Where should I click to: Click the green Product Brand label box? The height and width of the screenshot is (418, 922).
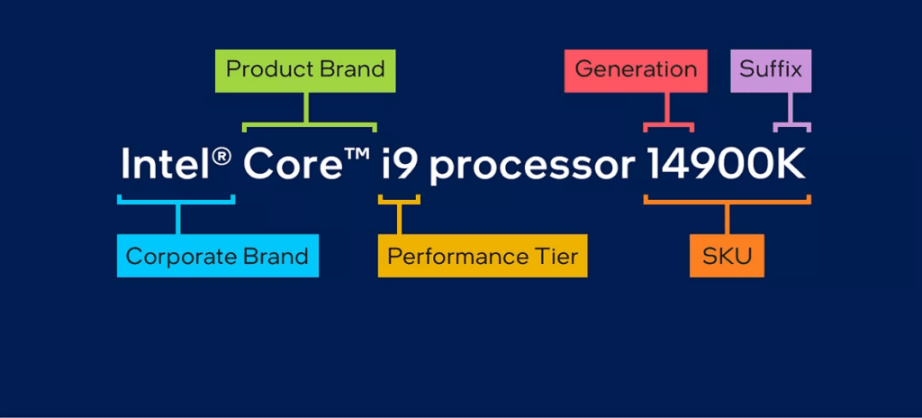pos(305,69)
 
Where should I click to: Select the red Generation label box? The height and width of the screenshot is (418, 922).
pos(636,69)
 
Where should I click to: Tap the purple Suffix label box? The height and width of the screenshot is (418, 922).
pos(771,69)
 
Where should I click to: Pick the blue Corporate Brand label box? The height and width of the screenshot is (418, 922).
pos(217,256)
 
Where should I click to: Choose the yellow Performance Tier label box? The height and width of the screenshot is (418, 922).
pos(483,256)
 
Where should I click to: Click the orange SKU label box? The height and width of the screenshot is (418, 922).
pos(727,256)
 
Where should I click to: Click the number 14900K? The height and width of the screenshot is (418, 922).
pos(726,165)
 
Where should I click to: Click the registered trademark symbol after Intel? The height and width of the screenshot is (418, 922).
pos(222,155)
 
